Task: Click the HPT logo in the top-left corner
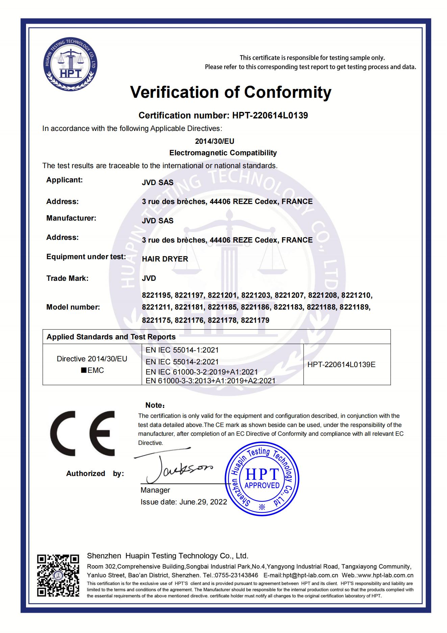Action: [71, 64]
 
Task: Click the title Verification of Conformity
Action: [231, 92]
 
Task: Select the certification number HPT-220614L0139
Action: [270, 115]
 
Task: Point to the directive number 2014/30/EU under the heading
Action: [215, 141]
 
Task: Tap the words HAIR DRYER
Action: [165, 259]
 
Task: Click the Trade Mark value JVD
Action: [149, 278]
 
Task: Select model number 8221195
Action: [156, 295]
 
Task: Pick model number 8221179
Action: [255, 320]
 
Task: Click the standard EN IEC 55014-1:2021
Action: [182, 350]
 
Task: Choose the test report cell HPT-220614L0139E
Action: [342, 365]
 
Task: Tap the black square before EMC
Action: [83, 370]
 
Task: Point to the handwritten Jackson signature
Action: [176, 467]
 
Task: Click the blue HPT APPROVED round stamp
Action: [262, 478]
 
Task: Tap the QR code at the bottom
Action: [58, 575]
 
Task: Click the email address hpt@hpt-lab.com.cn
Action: [310, 575]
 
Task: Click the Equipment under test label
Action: [86, 257]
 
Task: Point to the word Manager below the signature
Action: [155, 490]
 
